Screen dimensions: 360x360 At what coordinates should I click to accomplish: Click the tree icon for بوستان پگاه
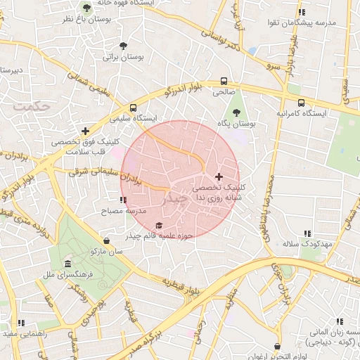coord(236,110)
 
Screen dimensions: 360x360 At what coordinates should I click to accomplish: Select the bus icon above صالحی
coord(224,81)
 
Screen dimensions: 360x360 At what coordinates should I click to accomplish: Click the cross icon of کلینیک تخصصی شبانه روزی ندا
coord(219,176)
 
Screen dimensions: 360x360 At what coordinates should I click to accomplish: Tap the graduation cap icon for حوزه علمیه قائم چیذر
coord(159,225)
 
